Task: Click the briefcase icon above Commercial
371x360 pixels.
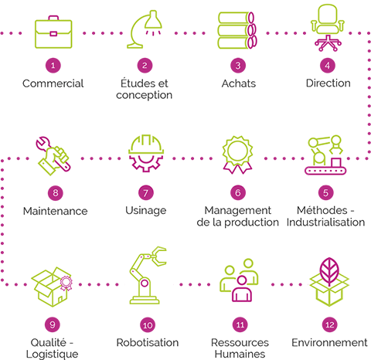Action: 53,32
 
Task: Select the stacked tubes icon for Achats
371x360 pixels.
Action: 237,30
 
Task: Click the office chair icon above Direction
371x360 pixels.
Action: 328,28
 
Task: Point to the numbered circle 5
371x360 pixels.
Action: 325,192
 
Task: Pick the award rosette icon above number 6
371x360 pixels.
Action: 237,155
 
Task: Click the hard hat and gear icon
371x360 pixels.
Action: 146,153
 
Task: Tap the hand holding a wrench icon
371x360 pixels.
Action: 53,156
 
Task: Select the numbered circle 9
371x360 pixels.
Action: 53,324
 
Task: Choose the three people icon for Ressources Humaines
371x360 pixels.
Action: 239,280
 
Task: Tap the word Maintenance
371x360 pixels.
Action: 55,211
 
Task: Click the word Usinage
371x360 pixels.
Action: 146,211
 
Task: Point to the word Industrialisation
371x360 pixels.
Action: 325,222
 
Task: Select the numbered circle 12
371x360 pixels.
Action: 330,324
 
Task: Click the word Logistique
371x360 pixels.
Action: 53,355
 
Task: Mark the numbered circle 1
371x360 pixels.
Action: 53,66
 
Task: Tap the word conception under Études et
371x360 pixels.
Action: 144,95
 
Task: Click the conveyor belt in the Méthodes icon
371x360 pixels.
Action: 325,171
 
